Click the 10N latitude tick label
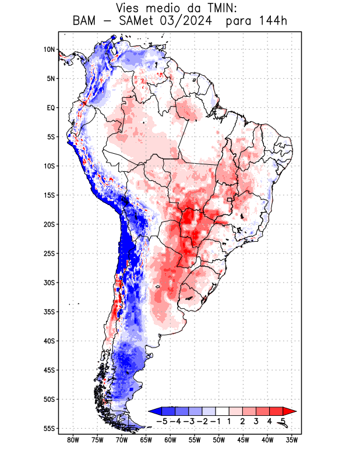coord(48,50)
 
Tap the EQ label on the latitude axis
coord(50,108)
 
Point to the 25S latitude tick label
coord(48,253)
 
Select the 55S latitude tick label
coord(48,429)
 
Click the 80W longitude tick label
coord(73,440)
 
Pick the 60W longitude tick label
coord(170,440)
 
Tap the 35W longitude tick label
coord(292,440)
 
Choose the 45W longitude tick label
coord(243,440)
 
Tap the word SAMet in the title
coord(135,22)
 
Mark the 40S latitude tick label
coord(48,341)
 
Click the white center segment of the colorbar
coord(223,411)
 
